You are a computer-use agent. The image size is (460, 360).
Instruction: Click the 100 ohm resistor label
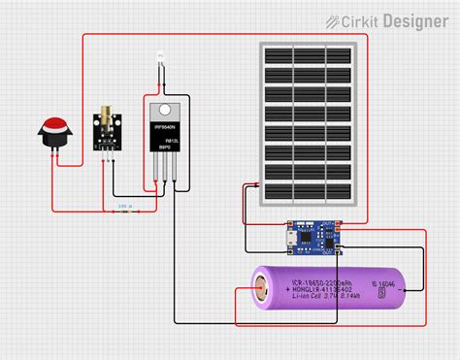click(124, 206)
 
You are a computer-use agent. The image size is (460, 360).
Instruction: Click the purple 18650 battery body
click(330, 288)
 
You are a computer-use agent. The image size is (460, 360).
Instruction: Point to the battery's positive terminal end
click(261, 288)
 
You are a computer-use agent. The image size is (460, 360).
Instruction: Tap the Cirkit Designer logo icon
click(333, 20)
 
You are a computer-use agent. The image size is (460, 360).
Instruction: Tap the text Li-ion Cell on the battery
click(309, 296)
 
